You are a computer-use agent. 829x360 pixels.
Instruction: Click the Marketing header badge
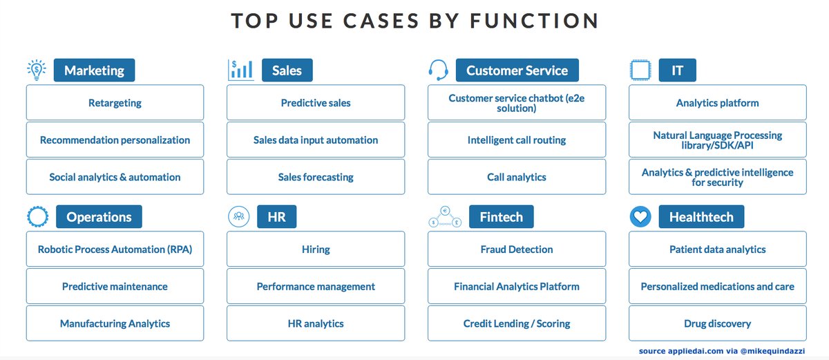95,70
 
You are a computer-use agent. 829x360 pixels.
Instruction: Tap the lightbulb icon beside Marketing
36,70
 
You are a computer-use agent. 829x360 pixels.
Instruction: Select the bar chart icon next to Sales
241,70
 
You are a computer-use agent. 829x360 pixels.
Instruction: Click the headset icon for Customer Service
438,70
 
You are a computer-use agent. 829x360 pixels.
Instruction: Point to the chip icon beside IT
640,70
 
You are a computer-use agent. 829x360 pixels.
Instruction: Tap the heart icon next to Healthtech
640,216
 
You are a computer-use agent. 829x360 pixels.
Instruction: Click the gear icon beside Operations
37,216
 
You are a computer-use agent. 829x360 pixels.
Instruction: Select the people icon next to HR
239,216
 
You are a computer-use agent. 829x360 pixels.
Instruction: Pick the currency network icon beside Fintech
445,216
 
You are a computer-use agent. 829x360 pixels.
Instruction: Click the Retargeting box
115,102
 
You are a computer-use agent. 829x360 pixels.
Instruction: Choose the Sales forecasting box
316,177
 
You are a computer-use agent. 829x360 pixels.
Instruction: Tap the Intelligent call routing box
517,140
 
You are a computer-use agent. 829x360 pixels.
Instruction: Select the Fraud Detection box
517,249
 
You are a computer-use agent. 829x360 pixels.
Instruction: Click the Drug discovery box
718,323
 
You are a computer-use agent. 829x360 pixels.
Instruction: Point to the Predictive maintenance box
115,286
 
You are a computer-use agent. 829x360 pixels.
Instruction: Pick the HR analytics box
316,323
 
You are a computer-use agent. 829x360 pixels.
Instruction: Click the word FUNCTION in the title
534,20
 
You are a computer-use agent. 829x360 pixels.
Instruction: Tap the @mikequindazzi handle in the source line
772,351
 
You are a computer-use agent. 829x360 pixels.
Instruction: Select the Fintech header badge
501,216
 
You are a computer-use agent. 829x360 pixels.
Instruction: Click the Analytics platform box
718,102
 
